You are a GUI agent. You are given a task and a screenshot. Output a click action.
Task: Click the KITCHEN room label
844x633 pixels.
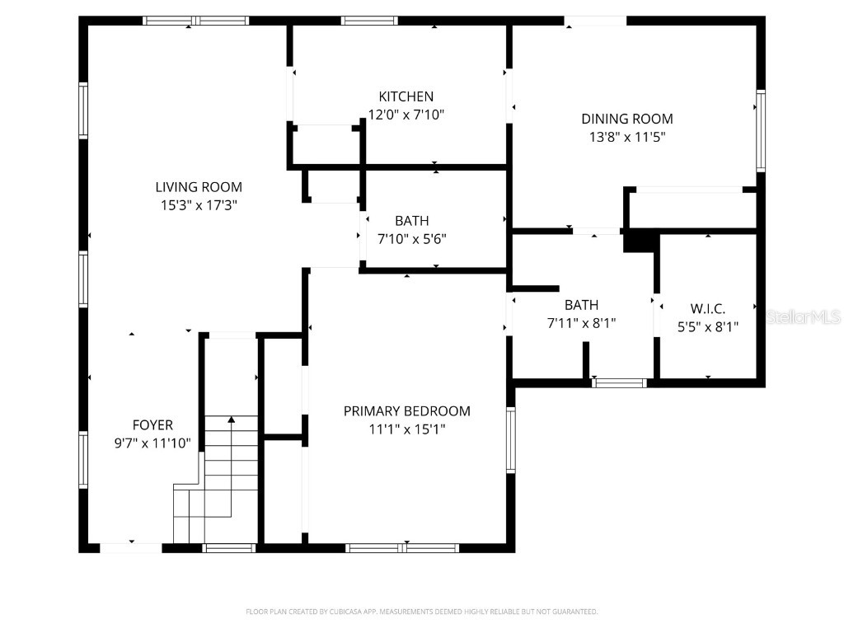click(x=406, y=96)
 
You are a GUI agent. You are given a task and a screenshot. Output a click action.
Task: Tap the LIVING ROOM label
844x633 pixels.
click(x=199, y=187)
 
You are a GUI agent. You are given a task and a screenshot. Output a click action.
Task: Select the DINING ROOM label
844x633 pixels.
click(x=626, y=119)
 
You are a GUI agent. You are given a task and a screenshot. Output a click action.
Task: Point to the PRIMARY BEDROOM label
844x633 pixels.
click(x=406, y=410)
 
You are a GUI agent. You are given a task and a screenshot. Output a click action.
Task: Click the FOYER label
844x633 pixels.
click(x=152, y=425)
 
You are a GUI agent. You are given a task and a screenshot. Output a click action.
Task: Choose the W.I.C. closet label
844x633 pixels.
click(x=707, y=308)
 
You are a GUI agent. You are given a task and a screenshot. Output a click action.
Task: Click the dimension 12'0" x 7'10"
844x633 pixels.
click(x=406, y=115)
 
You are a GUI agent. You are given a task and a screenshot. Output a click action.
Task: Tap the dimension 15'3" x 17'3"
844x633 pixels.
click(x=199, y=205)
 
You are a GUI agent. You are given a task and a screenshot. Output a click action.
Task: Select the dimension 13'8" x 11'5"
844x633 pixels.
click(x=626, y=137)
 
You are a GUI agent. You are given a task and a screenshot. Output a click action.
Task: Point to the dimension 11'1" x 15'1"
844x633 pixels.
click(x=406, y=429)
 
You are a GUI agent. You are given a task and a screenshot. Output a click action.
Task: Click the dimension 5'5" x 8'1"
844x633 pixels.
click(x=707, y=326)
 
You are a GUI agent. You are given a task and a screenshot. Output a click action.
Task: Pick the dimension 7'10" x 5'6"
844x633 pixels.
click(x=411, y=239)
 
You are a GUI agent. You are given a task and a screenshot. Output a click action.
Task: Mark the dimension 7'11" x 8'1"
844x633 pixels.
click(x=581, y=323)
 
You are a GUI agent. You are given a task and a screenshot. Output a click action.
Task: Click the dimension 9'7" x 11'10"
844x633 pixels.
click(x=152, y=443)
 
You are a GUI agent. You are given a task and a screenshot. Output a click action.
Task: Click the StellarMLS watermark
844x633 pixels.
click(x=803, y=316)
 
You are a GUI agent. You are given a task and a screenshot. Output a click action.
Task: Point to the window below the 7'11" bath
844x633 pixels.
click(x=620, y=382)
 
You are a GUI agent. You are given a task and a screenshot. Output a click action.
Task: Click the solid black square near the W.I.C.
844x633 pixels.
click(x=640, y=241)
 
